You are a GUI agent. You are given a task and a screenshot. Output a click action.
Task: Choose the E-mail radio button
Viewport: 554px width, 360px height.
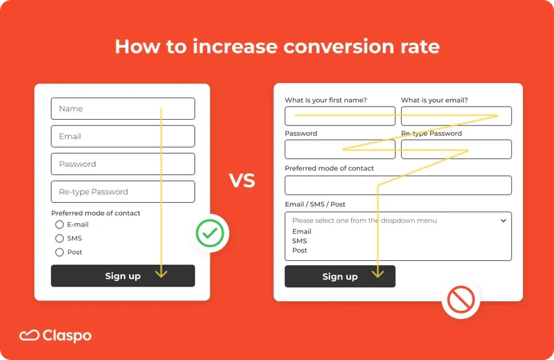(x=60, y=225)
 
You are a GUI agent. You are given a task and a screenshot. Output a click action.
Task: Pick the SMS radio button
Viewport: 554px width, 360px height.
(x=60, y=238)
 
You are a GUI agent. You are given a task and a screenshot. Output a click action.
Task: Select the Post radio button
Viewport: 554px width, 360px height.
(x=60, y=252)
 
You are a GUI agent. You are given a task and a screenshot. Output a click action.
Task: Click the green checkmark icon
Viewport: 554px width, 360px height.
(x=210, y=233)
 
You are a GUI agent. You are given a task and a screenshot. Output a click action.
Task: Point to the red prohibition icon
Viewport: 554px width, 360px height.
(x=461, y=300)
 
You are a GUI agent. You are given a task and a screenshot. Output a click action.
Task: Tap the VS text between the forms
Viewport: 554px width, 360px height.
(x=242, y=181)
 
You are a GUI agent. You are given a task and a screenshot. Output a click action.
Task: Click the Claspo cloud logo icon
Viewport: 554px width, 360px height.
(x=29, y=336)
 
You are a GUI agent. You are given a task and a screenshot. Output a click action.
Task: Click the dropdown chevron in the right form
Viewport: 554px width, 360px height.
(x=503, y=220)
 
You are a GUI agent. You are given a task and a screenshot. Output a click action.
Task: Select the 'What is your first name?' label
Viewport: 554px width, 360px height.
(x=325, y=100)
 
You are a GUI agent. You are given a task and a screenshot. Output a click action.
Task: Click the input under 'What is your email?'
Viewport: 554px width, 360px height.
(x=456, y=116)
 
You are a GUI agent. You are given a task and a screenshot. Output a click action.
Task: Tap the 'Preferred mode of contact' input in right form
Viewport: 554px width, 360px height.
(x=397, y=185)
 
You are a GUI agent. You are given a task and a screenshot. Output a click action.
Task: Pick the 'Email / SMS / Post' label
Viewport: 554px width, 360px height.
(x=315, y=204)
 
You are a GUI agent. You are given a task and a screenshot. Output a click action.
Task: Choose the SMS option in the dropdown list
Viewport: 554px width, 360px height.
(x=299, y=241)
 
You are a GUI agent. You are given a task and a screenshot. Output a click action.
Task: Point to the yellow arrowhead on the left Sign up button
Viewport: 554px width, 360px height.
(x=161, y=273)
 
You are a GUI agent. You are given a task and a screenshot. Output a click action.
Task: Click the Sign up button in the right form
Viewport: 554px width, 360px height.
(x=339, y=276)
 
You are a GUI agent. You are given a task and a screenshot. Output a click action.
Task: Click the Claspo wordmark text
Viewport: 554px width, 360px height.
(x=67, y=336)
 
